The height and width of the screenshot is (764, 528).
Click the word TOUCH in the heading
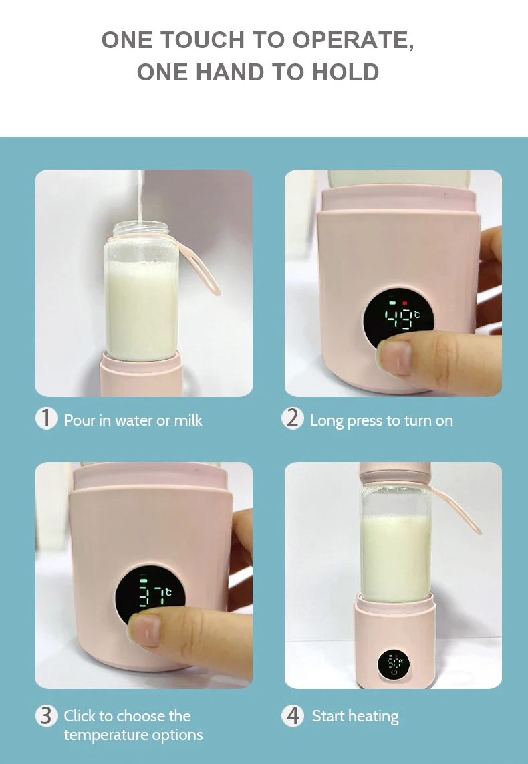click(202, 40)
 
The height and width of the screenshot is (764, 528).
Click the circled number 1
click(46, 418)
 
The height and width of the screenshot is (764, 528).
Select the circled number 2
click(292, 418)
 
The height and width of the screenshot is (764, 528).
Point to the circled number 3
click(46, 715)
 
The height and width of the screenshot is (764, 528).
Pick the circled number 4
click(292, 715)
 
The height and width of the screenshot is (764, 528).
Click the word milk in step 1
click(188, 420)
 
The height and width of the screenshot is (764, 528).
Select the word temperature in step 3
click(102, 735)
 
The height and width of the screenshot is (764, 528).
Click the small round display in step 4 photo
click(394, 664)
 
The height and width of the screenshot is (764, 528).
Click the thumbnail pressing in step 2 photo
click(395, 357)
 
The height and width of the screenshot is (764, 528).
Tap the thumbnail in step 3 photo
click(145, 630)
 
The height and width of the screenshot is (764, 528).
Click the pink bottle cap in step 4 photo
click(395, 473)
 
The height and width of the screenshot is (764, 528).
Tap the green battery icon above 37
click(143, 581)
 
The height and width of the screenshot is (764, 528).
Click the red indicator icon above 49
click(404, 303)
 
